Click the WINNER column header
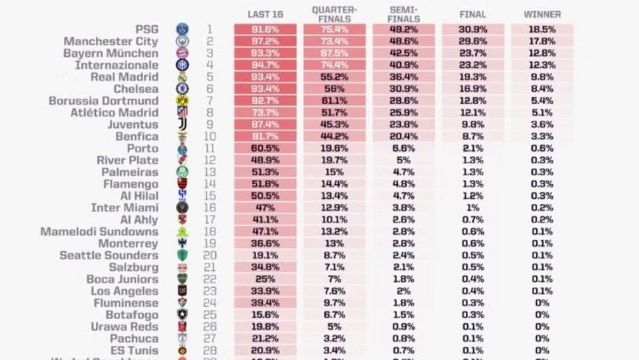(542, 15)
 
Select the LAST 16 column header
(265, 15)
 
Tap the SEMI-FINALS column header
(404, 15)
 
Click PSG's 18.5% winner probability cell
(542, 30)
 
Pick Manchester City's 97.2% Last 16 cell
(265, 42)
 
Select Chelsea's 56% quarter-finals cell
(334, 89)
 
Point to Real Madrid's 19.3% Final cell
(473, 77)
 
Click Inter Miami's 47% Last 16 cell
(265, 208)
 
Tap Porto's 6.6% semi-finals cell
(404, 149)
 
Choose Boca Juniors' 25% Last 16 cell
(265, 279)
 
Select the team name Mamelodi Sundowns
(99, 231)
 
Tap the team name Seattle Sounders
(109, 256)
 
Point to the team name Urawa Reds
(124, 327)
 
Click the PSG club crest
(182, 30)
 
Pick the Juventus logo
(182, 124)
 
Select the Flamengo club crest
(182, 184)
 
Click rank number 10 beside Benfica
(210, 137)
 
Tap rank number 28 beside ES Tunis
(210, 350)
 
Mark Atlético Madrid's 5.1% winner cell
(542, 113)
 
